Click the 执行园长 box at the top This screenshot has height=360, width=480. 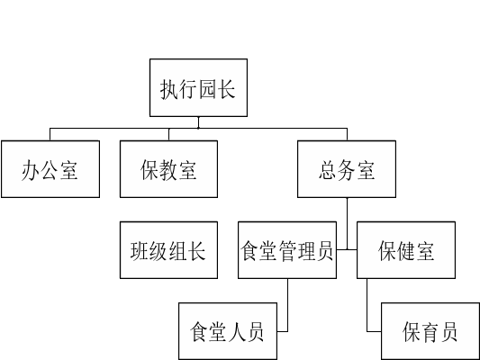point(198,88)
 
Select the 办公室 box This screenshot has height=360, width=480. point(50,169)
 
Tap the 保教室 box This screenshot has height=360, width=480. point(168,169)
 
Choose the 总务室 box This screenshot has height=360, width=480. point(347,169)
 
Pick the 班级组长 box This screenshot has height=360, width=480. point(168,250)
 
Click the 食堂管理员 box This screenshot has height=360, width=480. point(287,250)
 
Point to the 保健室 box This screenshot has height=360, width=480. point(406,250)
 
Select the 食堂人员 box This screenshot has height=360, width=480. point(228,331)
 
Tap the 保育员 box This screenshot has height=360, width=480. point(430,331)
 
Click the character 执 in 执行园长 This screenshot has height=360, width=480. point(169,89)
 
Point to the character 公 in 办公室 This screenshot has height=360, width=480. point(50,170)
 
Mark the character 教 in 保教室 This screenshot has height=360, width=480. point(168,170)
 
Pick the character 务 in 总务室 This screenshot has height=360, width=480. point(347,170)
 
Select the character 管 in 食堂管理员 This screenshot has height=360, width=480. point(287,251)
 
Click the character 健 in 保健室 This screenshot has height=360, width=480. point(406,251)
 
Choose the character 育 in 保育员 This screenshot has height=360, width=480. point(430,332)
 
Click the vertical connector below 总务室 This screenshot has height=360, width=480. point(347,223)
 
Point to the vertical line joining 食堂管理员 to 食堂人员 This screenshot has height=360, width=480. point(288,305)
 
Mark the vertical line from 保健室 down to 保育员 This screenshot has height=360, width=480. point(367,305)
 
